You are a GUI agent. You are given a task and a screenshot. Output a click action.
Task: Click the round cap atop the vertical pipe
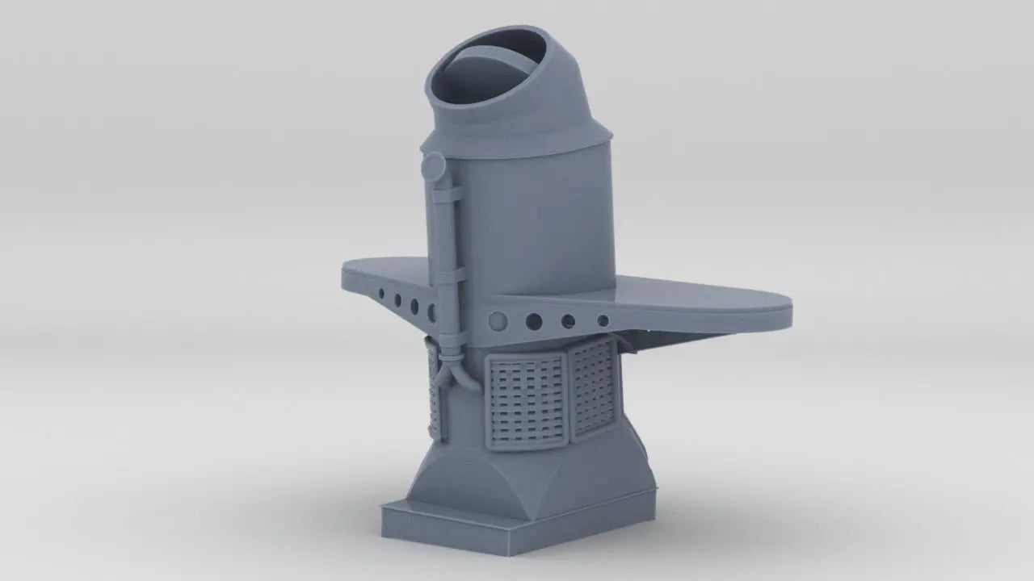click(433, 168)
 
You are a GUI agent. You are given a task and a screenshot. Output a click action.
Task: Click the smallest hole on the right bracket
click(603, 320)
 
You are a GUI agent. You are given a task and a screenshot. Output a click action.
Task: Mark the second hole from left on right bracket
click(534, 321)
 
